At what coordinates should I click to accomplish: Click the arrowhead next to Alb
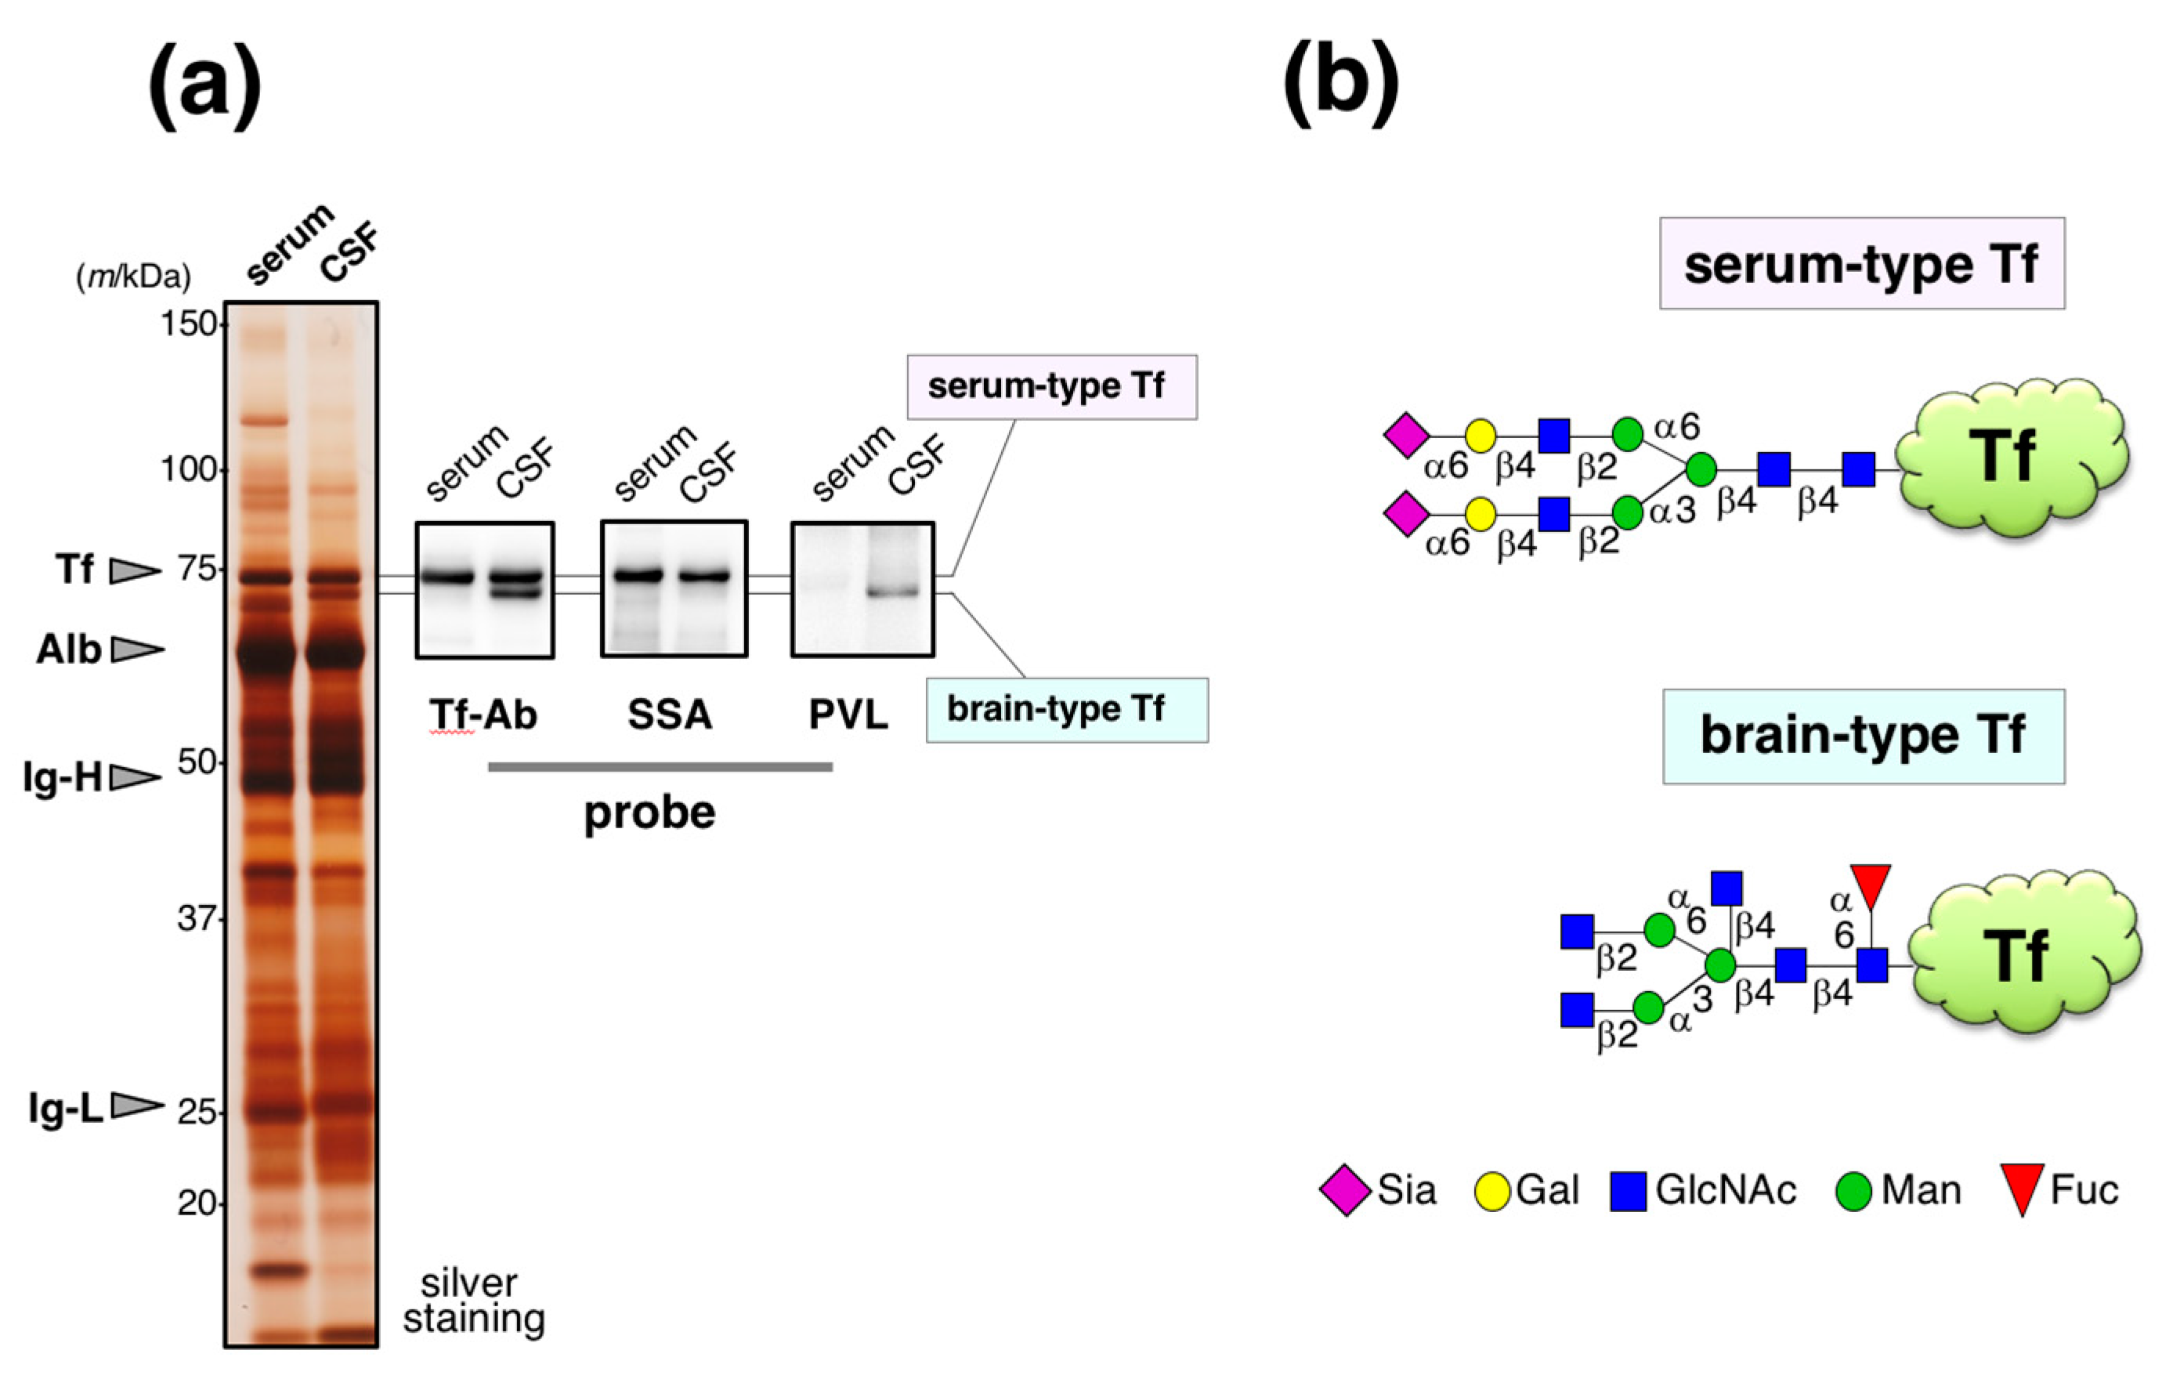click(x=137, y=649)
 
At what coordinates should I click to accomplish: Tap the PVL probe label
click(x=848, y=715)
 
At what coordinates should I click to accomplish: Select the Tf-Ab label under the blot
click(x=483, y=715)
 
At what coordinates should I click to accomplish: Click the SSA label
click(x=670, y=715)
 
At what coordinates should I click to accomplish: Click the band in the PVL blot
click(x=893, y=592)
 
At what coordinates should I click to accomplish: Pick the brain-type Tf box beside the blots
click(x=1067, y=710)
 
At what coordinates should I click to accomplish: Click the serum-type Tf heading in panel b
click(x=1861, y=264)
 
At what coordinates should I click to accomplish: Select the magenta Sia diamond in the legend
click(x=1345, y=1190)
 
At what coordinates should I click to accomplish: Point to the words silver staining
click(x=472, y=1301)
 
